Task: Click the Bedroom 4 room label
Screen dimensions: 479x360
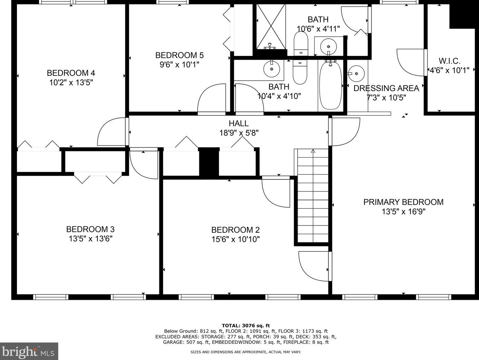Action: (x=71, y=73)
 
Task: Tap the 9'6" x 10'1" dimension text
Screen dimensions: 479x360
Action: (x=179, y=65)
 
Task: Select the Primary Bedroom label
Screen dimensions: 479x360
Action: (x=403, y=202)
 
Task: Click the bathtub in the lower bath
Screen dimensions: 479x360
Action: (x=330, y=85)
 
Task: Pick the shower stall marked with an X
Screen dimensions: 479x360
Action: (x=271, y=27)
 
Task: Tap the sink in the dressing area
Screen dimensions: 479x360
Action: (x=356, y=74)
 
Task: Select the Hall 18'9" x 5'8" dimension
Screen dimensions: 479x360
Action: (x=239, y=133)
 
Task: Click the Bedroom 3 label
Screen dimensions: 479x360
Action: (x=90, y=229)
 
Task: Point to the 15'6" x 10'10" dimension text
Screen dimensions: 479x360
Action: (x=236, y=240)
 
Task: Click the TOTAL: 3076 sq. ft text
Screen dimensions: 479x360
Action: (x=246, y=326)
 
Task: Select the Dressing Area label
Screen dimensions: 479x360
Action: (x=386, y=88)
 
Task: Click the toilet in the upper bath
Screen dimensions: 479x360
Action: (x=301, y=44)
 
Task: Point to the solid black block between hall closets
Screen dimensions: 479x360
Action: (x=209, y=162)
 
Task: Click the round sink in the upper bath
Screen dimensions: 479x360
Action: (x=328, y=46)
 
